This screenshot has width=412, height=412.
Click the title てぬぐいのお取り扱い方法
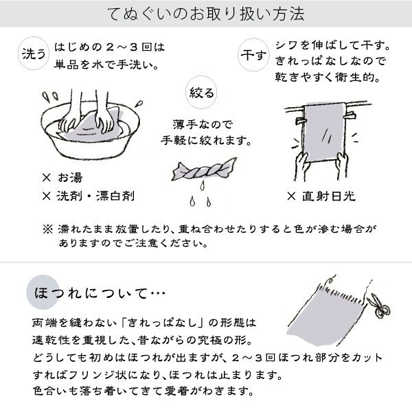[207, 14]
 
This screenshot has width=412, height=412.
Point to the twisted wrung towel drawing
[200, 169]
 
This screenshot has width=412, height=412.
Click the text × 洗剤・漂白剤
[88, 196]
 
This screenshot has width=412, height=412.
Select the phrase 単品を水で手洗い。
[114, 66]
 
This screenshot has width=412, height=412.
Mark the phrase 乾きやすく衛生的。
[327, 78]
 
